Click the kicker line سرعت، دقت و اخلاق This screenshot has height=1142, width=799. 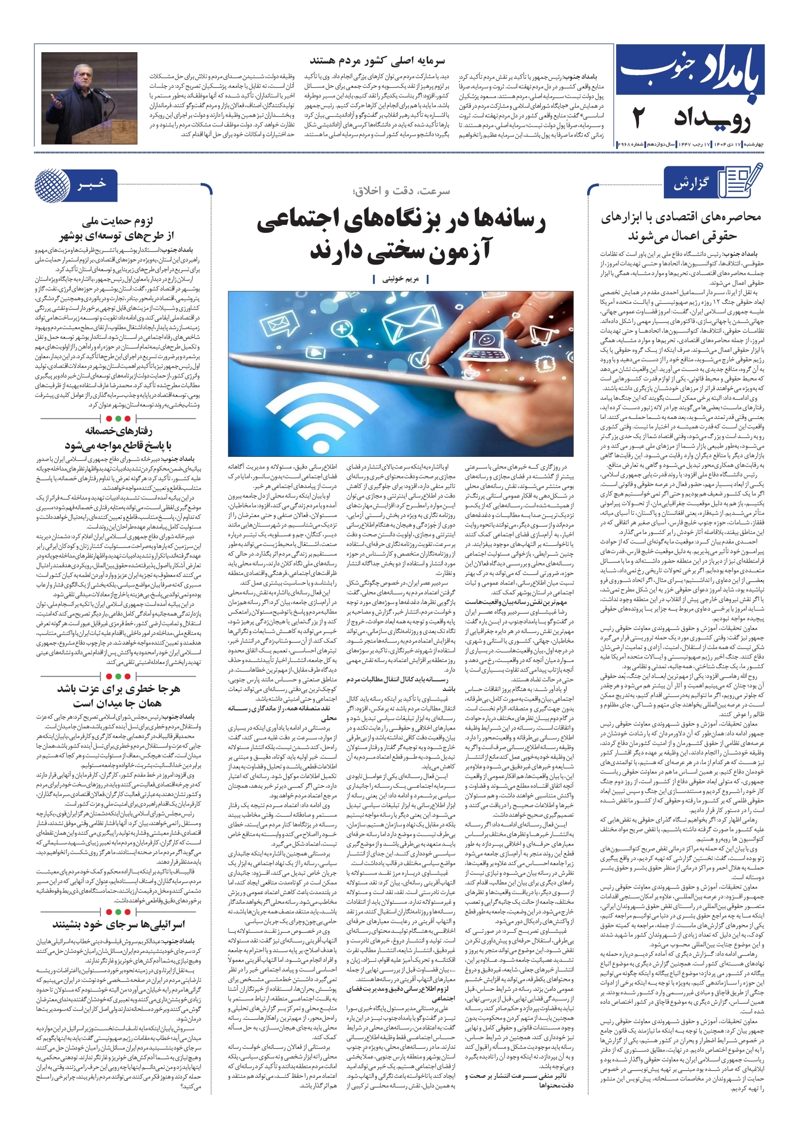click(400, 191)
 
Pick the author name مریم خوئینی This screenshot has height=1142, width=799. click(400, 279)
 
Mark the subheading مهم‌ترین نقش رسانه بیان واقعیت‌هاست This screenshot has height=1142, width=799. click(519, 602)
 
